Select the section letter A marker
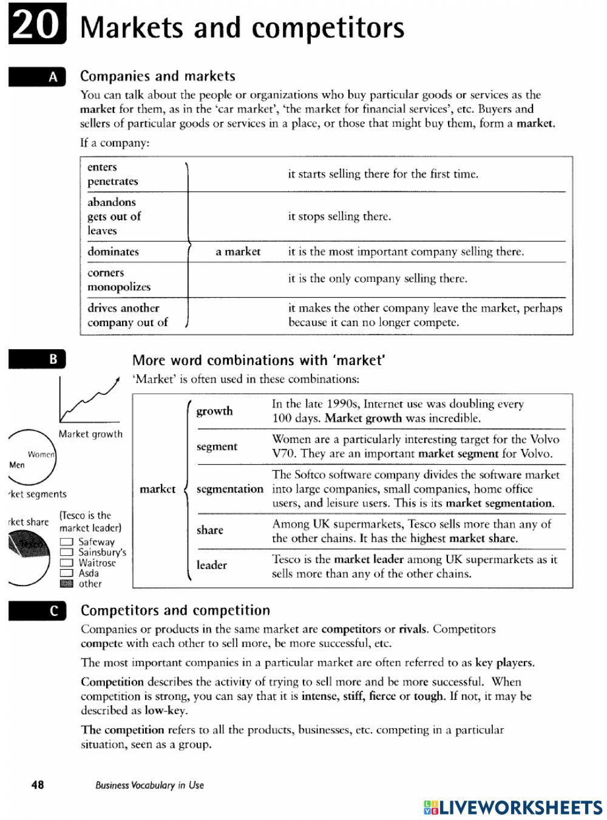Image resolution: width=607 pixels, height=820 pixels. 37,77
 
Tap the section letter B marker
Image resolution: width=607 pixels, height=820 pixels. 37,360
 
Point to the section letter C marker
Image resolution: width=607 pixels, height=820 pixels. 37,611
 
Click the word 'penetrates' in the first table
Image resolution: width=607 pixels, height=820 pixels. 112,182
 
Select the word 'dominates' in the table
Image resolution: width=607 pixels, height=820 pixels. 113,251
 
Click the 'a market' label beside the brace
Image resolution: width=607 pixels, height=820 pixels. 238,251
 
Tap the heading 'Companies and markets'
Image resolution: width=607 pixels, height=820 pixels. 158,77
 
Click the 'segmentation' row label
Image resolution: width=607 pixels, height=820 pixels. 230,489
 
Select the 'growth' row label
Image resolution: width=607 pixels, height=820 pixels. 214,411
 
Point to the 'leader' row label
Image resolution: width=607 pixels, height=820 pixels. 211,565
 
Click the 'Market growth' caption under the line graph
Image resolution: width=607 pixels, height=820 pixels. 90,434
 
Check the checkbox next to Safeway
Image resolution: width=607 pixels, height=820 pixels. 67,542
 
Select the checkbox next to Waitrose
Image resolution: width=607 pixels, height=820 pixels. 67,563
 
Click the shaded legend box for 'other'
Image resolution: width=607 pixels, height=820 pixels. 67,584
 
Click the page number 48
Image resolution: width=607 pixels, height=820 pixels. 37,785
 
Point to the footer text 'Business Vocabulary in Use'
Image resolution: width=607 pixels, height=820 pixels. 149,785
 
